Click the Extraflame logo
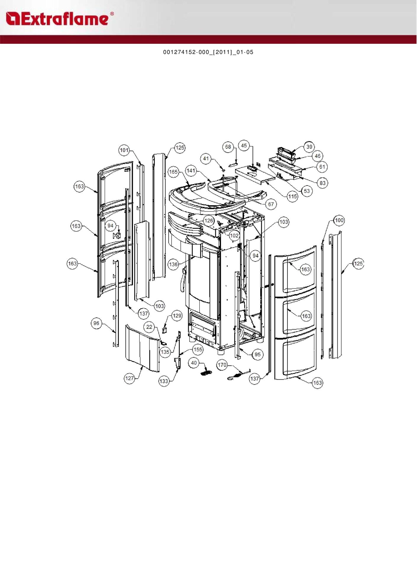click(59, 19)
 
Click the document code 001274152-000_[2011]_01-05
click(208, 52)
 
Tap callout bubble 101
click(124, 150)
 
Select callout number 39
click(309, 147)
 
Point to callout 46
click(317, 156)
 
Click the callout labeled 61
click(322, 167)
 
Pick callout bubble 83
click(322, 183)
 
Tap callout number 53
click(307, 191)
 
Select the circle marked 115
click(292, 196)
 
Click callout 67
click(271, 204)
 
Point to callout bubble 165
click(173, 172)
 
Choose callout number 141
click(191, 171)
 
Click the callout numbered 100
click(339, 220)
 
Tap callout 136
click(173, 264)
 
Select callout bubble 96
click(96, 323)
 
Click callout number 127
click(130, 378)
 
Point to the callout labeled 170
click(222, 365)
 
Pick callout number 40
click(194, 363)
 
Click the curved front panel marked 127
click(143, 348)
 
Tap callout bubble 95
click(258, 355)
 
